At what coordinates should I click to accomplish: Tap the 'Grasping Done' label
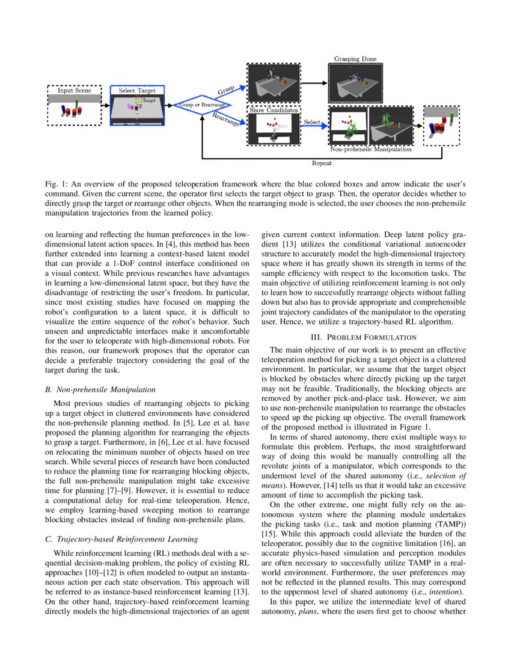tap(355, 59)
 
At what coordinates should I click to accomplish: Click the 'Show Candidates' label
tap(274, 111)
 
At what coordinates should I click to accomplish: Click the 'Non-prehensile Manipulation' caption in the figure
tap(371, 148)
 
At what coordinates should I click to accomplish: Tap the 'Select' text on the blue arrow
tap(312, 123)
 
